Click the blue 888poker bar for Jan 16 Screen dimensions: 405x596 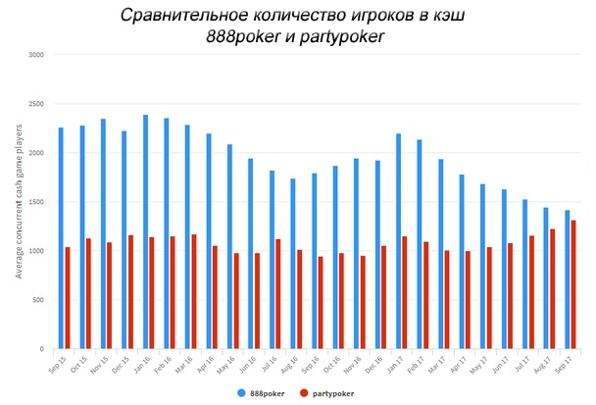coord(145,231)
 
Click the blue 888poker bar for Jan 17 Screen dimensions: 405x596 coord(399,241)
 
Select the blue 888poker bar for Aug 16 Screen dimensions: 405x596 coord(293,264)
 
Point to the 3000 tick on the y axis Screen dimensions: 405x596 coord(36,55)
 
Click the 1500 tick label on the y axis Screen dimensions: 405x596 coord(36,202)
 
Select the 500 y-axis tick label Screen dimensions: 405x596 coord(38,300)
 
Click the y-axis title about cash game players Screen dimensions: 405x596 coord(19,201)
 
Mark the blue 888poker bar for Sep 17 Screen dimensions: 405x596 coord(567,279)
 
